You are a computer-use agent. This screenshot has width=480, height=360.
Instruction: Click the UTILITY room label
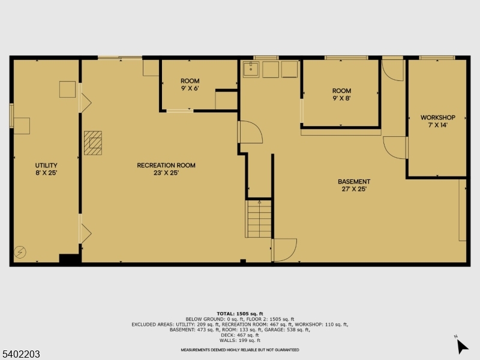click(x=46, y=165)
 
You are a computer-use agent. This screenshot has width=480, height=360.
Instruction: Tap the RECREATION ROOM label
click(x=166, y=166)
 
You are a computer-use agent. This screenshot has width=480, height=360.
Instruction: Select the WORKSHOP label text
click(x=437, y=117)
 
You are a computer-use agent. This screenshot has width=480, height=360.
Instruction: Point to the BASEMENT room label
click(x=353, y=181)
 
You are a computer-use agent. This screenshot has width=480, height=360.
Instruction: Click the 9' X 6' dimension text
click(x=190, y=89)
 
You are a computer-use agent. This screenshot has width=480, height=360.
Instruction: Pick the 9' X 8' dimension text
click(x=341, y=98)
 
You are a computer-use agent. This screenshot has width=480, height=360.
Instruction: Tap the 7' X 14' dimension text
click(x=437, y=125)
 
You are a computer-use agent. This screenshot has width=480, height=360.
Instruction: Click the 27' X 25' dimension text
click(x=353, y=189)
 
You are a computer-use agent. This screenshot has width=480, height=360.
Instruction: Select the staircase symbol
click(x=259, y=219)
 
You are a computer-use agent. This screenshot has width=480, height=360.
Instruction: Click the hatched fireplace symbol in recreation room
click(x=94, y=143)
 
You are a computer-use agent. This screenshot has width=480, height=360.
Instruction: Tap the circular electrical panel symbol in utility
click(x=20, y=253)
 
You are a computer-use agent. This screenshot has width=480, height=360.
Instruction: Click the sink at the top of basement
click(x=251, y=70)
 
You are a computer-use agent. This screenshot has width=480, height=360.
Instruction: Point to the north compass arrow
click(x=461, y=346)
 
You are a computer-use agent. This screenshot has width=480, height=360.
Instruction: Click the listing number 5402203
click(x=21, y=355)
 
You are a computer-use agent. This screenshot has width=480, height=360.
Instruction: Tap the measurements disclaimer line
click(x=240, y=350)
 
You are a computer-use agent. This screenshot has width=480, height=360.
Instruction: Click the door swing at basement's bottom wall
click(x=284, y=250)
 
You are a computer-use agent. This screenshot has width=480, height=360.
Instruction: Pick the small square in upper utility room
click(x=67, y=89)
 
